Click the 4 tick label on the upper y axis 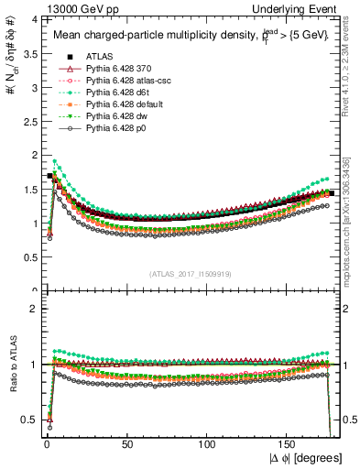click(33, 19)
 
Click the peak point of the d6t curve click(55, 162)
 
